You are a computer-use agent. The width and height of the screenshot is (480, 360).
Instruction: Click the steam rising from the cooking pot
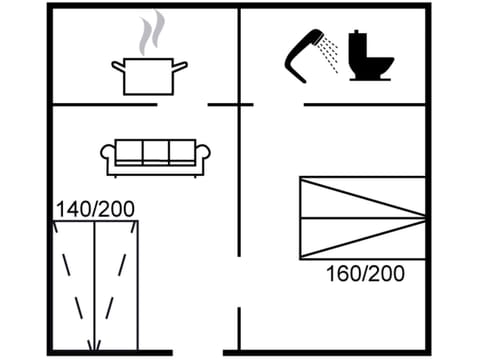point(152,33)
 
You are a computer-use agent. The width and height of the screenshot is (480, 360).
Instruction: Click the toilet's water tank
point(359,44)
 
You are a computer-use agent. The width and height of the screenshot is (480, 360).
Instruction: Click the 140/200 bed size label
point(95,209)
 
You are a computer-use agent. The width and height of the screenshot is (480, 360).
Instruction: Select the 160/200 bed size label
point(366,273)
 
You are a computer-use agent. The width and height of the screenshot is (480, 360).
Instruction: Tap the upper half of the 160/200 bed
point(362,197)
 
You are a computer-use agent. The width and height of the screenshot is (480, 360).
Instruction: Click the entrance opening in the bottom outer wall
point(205,351)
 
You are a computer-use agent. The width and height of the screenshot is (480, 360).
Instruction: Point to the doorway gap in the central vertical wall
point(239,284)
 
